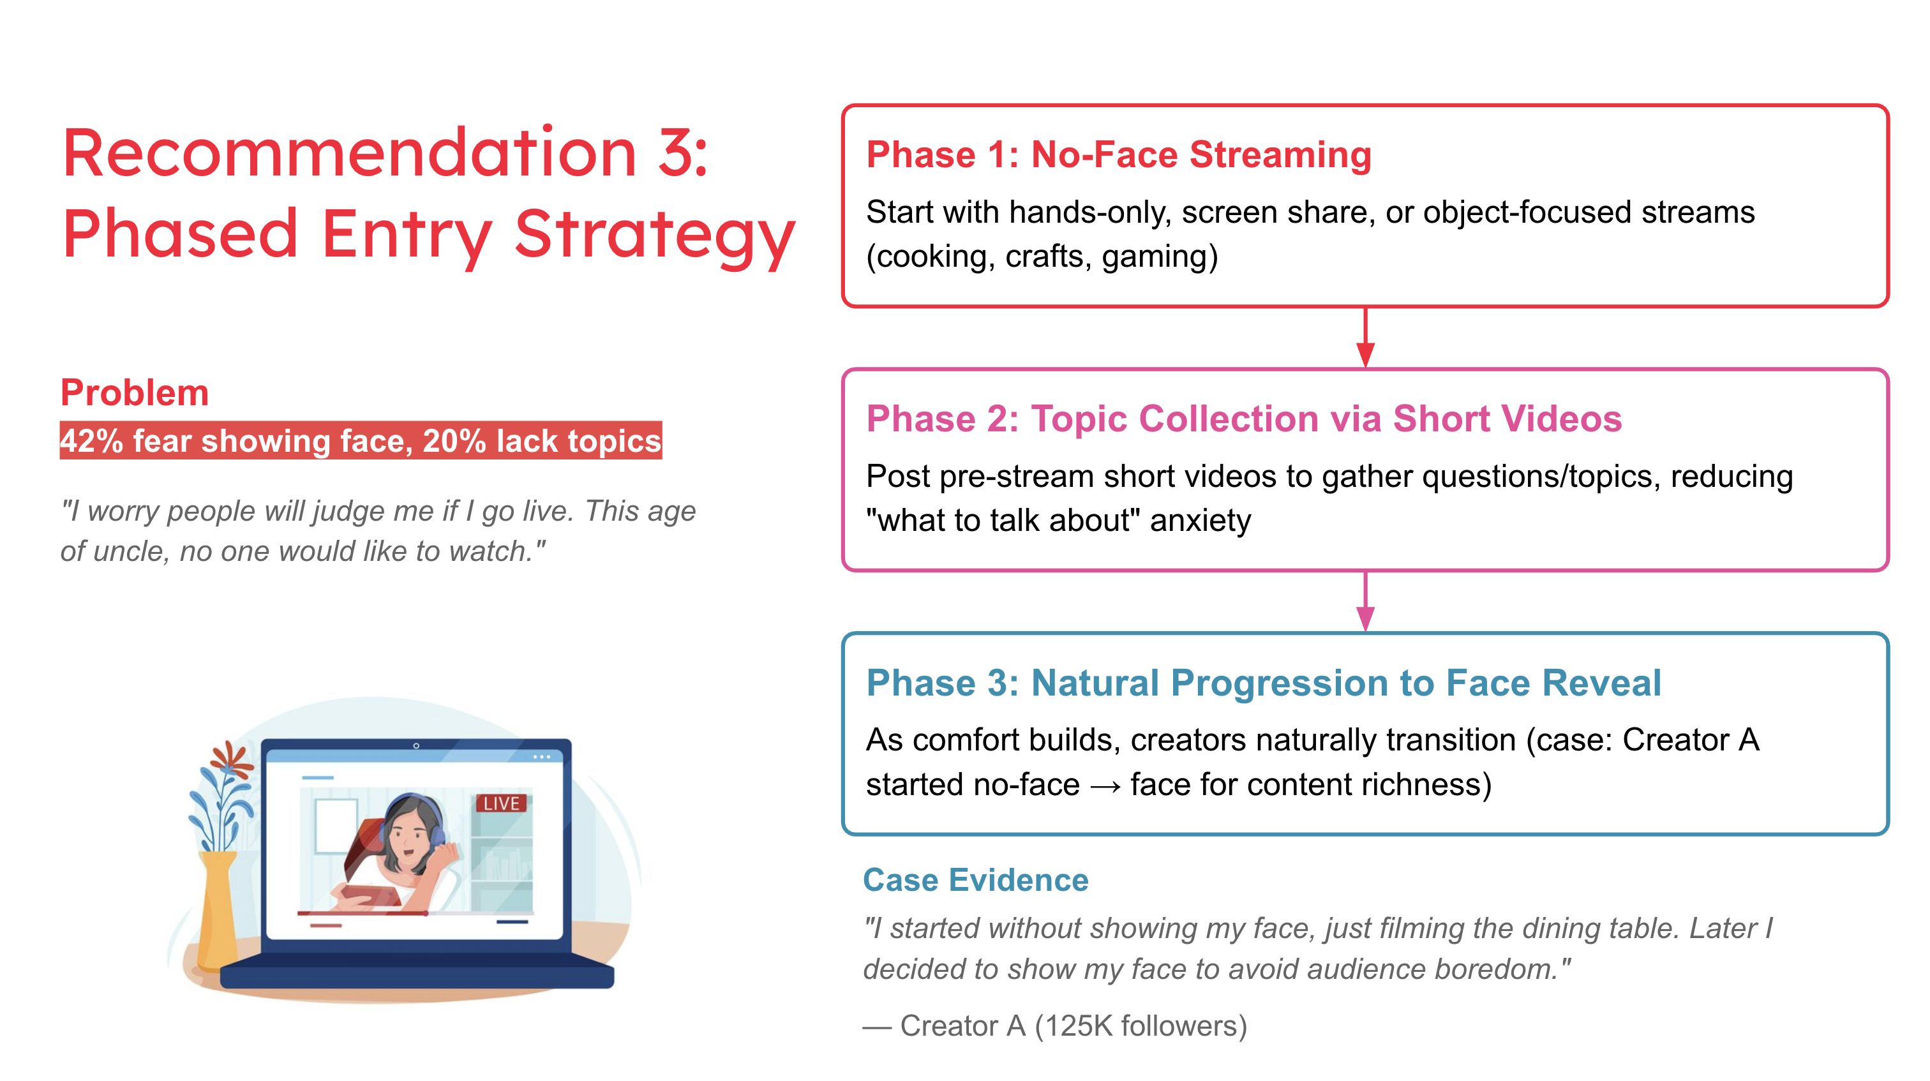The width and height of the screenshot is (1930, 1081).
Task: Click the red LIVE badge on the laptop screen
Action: coord(501,803)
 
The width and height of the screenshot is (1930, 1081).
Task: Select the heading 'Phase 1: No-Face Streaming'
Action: coord(1119,155)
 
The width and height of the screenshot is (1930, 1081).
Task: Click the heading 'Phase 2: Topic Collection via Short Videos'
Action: coord(1244,419)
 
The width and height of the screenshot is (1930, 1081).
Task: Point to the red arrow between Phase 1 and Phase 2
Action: coord(1365,337)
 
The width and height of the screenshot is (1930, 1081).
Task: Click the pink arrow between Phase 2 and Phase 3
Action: coord(1365,602)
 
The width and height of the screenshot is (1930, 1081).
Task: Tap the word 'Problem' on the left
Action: coord(135,392)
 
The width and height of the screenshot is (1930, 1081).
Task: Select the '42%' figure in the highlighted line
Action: coord(91,440)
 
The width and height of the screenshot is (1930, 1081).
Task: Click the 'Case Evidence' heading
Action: coord(975,879)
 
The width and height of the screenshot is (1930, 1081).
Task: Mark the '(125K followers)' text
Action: coord(1141,1025)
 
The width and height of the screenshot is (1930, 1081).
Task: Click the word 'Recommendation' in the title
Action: coord(349,154)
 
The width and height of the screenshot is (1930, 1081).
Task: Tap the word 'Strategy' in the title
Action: coord(654,234)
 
